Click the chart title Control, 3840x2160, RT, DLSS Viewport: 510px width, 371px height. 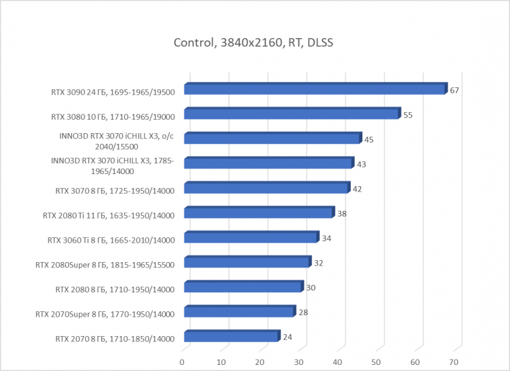[254, 44]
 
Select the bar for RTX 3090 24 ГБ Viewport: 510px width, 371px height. [314, 89]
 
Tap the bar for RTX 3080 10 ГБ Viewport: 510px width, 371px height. [291, 114]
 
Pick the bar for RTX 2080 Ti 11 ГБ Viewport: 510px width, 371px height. [258, 214]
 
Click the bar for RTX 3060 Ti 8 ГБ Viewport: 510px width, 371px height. [250, 238]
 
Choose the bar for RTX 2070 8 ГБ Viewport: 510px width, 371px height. [231, 337]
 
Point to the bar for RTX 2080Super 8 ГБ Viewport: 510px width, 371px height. [246, 263]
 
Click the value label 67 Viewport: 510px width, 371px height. [454, 90]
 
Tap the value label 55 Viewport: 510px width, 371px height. [408, 115]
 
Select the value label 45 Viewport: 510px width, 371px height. [368, 140]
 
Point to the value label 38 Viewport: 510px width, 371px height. [342, 214]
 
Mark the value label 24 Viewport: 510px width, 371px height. [287, 337]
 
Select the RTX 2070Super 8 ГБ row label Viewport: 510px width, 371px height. [105, 314]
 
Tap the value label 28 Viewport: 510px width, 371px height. [303, 313]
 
